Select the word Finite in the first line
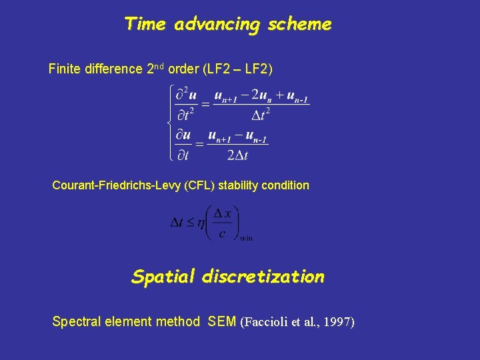pyautogui.click(x=66, y=69)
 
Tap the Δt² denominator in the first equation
pyautogui.click(x=261, y=115)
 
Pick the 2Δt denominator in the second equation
pyautogui.click(x=237, y=156)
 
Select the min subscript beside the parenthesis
pyautogui.click(x=245, y=238)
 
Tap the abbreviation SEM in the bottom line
pyautogui.click(x=222, y=322)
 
